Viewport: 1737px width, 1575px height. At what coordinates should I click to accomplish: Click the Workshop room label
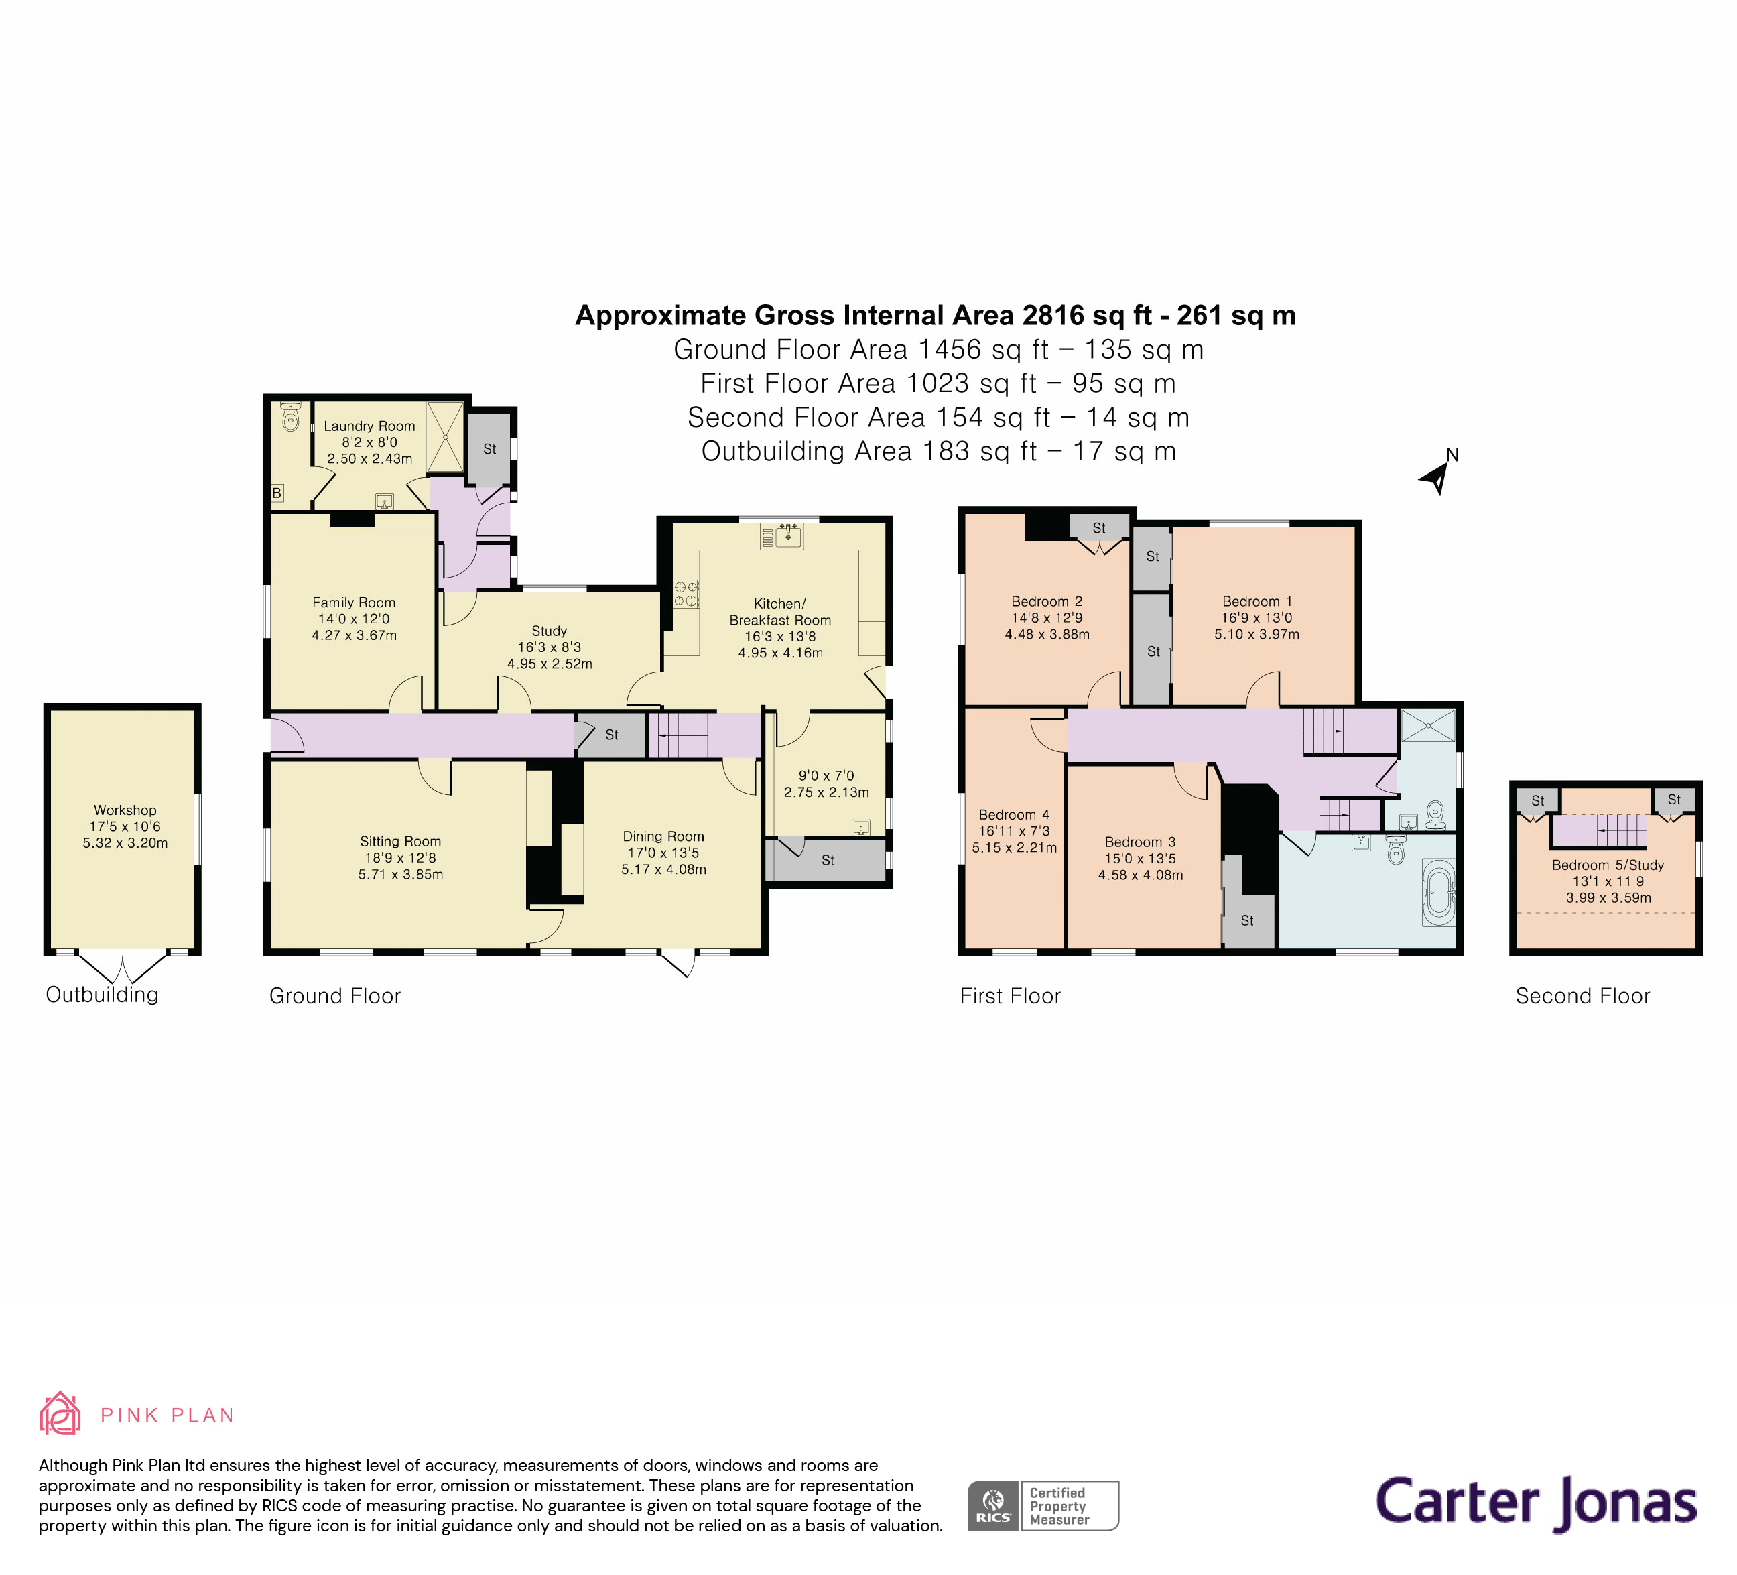point(125,810)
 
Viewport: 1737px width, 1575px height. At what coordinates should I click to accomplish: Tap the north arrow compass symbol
point(1437,474)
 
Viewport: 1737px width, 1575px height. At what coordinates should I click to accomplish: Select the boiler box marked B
point(277,493)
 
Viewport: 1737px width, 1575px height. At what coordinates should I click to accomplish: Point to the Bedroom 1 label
point(1257,601)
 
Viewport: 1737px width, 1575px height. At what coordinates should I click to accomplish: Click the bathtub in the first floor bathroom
point(1438,893)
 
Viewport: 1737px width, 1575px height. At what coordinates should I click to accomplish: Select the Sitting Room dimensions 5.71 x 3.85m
point(401,875)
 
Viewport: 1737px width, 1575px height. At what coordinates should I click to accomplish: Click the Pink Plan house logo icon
point(60,1414)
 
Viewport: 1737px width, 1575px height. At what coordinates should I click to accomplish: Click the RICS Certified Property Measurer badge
point(1043,1505)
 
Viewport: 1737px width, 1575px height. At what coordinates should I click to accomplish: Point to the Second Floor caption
point(1582,996)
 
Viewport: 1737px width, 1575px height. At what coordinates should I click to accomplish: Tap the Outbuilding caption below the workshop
point(102,995)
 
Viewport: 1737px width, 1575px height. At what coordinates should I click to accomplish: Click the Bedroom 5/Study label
point(1608,865)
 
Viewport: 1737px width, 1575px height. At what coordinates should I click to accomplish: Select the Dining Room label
point(663,836)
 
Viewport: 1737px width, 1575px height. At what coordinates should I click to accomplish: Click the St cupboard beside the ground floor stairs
point(611,735)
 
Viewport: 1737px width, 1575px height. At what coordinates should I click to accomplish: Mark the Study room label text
point(549,631)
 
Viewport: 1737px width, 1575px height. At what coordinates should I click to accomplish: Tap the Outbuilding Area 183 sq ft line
point(938,452)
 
